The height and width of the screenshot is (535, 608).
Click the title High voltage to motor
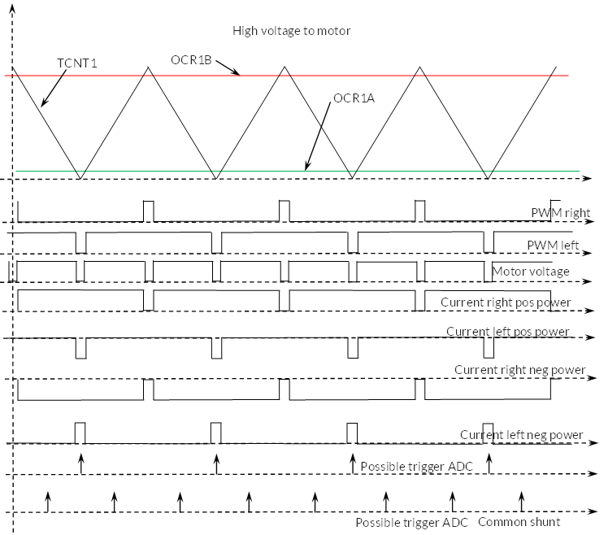point(291,31)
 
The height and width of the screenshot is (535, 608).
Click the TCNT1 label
point(76,63)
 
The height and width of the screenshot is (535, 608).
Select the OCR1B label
point(191,59)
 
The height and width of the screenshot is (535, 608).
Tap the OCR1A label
point(354,98)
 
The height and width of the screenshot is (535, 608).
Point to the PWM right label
point(561,213)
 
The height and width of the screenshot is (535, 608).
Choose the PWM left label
point(553,246)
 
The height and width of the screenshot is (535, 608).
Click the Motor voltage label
point(531,272)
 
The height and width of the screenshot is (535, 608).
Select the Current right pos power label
point(506,302)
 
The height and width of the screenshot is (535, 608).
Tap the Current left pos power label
point(507,331)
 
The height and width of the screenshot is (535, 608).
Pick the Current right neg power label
point(519,370)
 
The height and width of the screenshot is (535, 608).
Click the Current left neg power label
point(522,435)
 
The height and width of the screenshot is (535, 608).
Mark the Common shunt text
point(519,522)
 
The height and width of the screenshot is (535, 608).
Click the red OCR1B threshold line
point(287,76)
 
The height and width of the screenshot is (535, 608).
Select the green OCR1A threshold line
point(297,171)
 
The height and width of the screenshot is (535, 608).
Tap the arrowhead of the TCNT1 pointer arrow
point(43,102)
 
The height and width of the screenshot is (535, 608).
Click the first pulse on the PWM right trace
point(149,211)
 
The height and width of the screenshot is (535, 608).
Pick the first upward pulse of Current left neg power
point(80,433)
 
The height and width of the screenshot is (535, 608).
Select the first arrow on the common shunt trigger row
point(48,502)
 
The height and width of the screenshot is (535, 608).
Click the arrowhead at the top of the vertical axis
point(12,8)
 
